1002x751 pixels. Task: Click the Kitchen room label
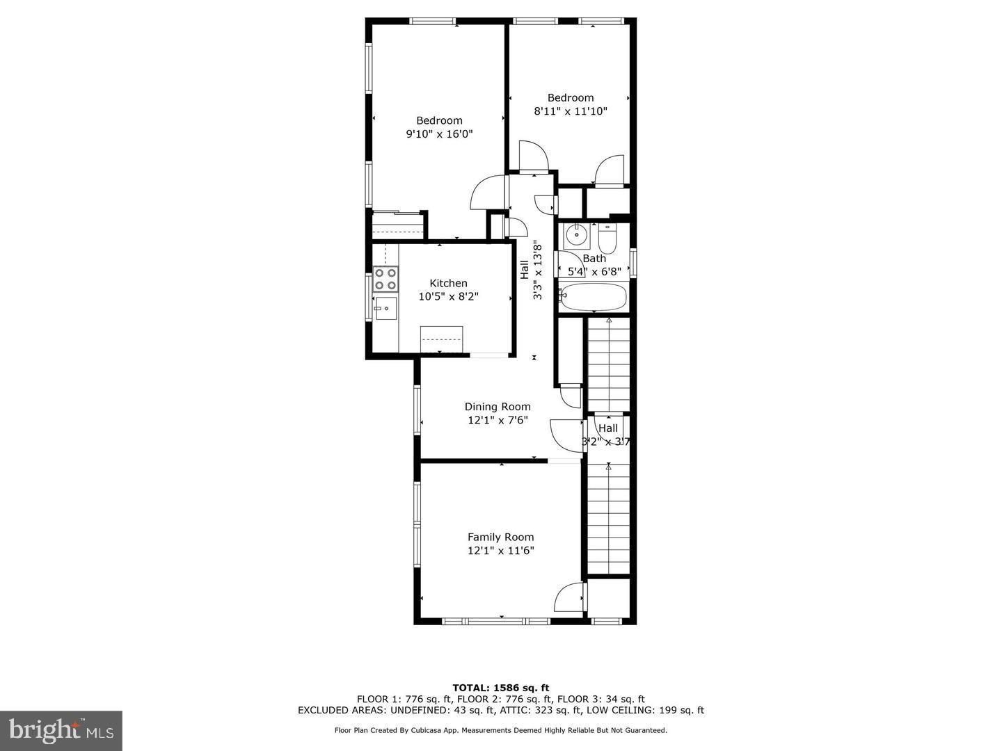(448, 283)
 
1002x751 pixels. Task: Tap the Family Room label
(500, 537)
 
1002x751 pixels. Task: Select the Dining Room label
(498, 407)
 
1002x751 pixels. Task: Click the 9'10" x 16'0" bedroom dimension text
(439, 134)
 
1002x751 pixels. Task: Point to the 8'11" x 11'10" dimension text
(571, 111)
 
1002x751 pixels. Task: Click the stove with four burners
(385, 279)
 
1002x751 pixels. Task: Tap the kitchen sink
(385, 308)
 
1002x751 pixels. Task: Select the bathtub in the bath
(594, 298)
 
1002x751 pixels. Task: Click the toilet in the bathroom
(607, 239)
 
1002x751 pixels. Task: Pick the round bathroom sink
(576, 236)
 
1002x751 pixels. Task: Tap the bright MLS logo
(61, 730)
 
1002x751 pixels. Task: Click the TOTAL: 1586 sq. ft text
(500, 688)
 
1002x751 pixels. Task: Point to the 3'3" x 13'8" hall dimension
(537, 270)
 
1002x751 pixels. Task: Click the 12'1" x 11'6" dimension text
(500, 551)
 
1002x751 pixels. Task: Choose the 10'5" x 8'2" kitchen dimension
(448, 297)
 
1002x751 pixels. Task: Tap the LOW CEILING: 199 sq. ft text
(645, 710)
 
